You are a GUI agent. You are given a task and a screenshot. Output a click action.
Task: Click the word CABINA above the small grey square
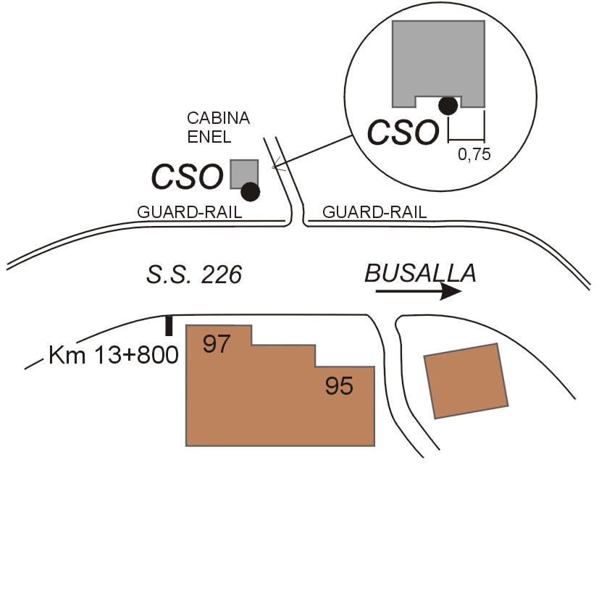pyautogui.click(x=218, y=118)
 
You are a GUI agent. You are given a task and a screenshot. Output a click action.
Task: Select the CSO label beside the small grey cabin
pyautogui.click(x=186, y=177)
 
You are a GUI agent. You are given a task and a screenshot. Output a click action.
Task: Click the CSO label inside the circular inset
pyautogui.click(x=403, y=133)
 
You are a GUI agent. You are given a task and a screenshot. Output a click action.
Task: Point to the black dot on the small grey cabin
pyautogui.click(x=251, y=191)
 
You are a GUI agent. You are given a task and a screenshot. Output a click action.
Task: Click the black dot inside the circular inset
pyautogui.click(x=449, y=106)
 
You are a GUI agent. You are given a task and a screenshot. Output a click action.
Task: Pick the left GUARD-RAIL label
pyautogui.click(x=189, y=212)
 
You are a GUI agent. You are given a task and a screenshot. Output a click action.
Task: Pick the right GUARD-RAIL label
pyautogui.click(x=374, y=212)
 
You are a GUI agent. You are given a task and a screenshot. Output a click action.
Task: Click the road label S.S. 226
pyautogui.click(x=193, y=275)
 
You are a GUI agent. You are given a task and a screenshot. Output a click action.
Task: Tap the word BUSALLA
pyautogui.click(x=420, y=273)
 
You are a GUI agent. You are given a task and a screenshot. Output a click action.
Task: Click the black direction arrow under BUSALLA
pyautogui.click(x=419, y=291)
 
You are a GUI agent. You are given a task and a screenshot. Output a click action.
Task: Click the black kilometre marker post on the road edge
pyautogui.click(x=169, y=326)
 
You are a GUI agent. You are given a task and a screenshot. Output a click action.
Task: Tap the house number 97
pyautogui.click(x=216, y=344)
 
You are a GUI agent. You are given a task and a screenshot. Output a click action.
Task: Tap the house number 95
pyautogui.click(x=339, y=387)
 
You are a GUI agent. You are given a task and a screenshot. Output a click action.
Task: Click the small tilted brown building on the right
pyautogui.click(x=466, y=381)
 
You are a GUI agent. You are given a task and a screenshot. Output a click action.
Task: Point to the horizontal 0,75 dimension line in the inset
pyautogui.click(x=466, y=140)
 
